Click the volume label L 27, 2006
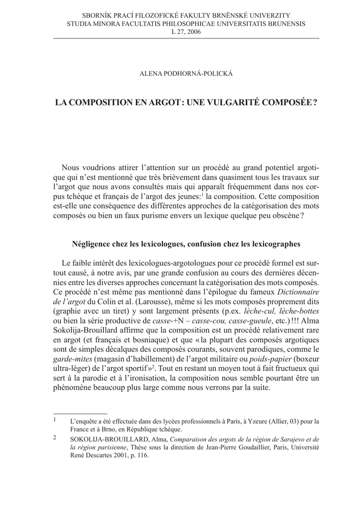coord(180,32)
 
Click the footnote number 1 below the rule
coord(55,420)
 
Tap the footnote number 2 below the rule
coord(55,438)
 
